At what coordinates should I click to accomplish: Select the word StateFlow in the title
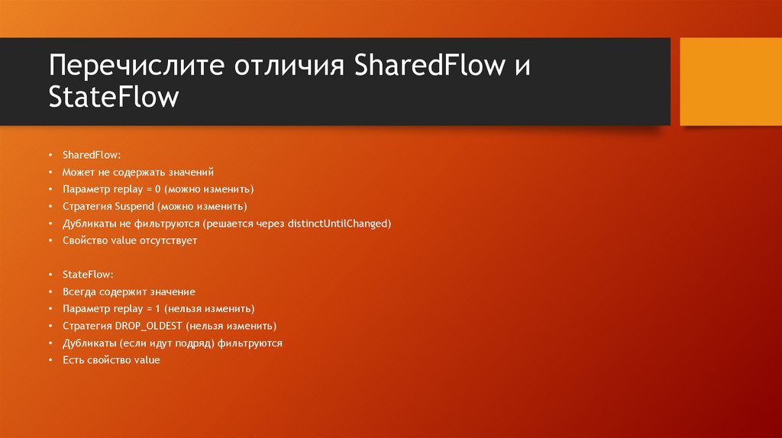pyautogui.click(x=114, y=98)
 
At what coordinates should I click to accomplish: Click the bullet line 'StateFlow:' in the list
pyautogui.click(x=88, y=275)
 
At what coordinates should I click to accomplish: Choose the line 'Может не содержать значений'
pyautogui.click(x=132, y=172)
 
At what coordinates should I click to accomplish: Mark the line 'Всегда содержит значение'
pyautogui.click(x=129, y=292)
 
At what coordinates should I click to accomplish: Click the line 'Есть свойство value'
pyautogui.click(x=111, y=360)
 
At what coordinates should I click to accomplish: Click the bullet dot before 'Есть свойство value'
pyautogui.click(x=50, y=360)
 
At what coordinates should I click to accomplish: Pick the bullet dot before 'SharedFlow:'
pyautogui.click(x=50, y=156)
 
